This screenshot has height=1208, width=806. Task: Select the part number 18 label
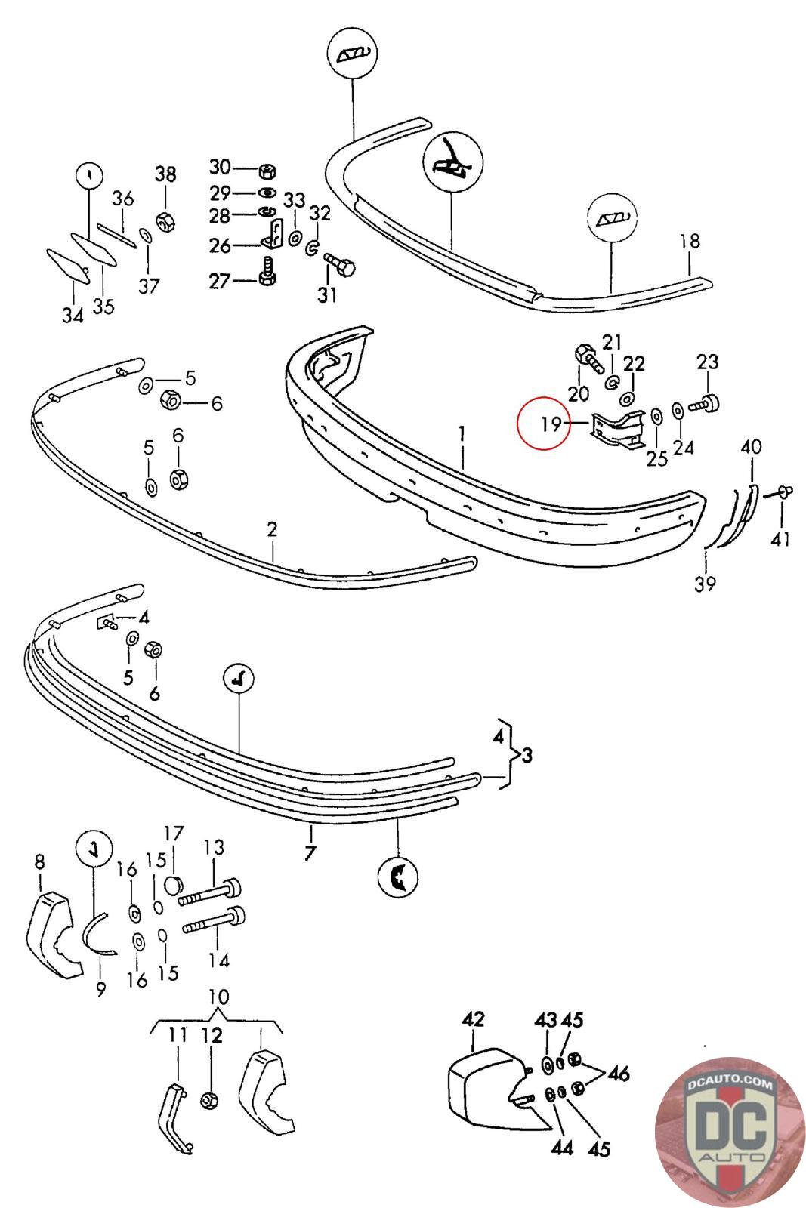[690, 242]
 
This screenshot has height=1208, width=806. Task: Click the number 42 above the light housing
[473, 1019]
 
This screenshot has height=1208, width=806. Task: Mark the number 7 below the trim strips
[310, 854]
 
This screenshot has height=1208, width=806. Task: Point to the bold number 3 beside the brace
[527, 755]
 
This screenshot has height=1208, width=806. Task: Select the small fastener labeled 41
[784, 492]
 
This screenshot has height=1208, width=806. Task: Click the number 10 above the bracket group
[218, 997]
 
